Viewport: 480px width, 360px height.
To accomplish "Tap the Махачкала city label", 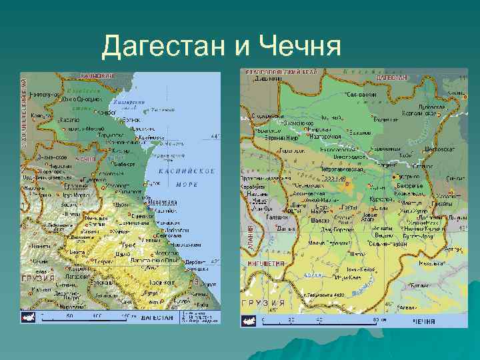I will click(162, 202).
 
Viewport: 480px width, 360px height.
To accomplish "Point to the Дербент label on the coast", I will click(195, 262).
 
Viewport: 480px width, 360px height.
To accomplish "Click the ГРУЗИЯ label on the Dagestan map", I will click(39, 277).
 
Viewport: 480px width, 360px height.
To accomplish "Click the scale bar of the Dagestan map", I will click(87, 317).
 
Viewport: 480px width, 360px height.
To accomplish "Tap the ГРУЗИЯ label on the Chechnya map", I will click(264, 302).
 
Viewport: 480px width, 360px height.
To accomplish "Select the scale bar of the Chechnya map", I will click(320, 321).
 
